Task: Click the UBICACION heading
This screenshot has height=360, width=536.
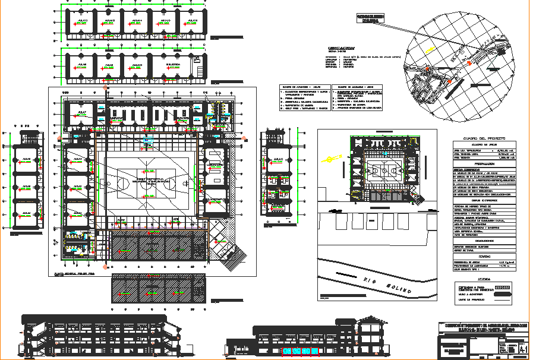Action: (x=341, y=49)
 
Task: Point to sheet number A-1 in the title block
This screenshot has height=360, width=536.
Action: (x=522, y=348)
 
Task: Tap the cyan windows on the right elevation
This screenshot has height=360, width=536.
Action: (x=299, y=351)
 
